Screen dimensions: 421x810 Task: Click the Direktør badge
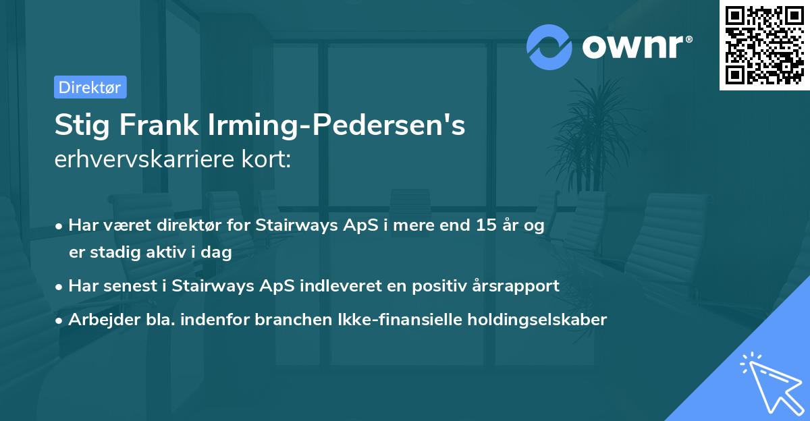90,87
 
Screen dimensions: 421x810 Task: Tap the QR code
764,45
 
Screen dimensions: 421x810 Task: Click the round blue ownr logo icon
549,46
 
